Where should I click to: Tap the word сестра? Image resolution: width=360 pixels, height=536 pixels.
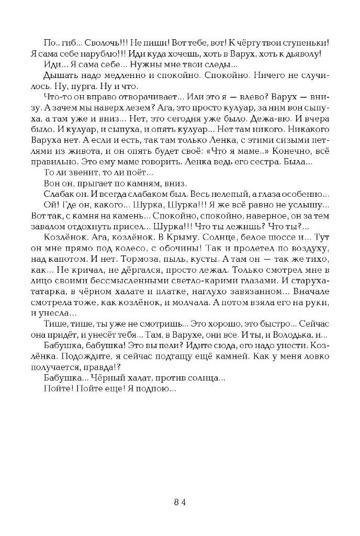[x=273, y=163]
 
